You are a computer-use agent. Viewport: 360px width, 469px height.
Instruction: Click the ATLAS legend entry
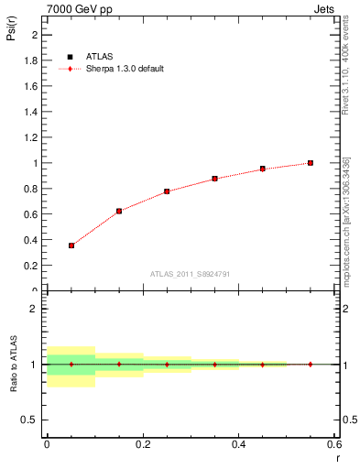(91, 57)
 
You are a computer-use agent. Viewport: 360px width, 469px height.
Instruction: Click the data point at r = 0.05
(71, 245)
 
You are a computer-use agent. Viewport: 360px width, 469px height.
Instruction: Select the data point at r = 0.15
(119, 211)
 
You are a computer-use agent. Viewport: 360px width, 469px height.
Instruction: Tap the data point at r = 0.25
(167, 191)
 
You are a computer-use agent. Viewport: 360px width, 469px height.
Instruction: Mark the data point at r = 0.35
(214, 179)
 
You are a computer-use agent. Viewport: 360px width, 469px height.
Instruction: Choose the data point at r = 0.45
(262, 169)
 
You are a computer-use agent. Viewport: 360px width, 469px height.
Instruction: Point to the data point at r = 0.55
(311, 163)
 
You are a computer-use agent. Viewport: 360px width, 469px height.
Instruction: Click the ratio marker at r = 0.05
(71, 364)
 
